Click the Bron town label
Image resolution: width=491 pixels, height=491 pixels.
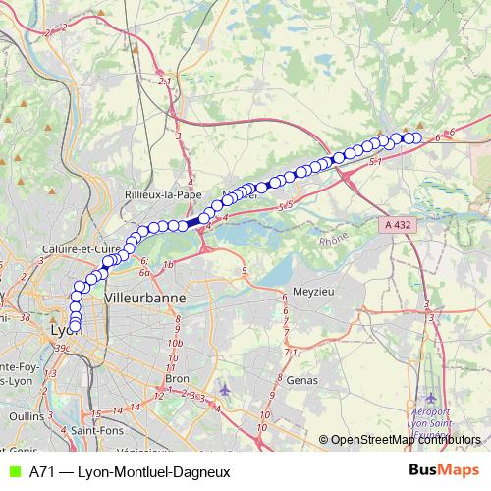(177, 377)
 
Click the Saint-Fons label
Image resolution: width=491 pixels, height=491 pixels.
(95, 429)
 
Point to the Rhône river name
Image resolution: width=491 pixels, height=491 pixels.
(334, 239)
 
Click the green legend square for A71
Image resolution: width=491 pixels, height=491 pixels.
(14, 471)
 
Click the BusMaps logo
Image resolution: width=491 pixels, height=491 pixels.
(444, 470)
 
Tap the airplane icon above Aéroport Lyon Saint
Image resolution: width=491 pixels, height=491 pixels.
(431, 397)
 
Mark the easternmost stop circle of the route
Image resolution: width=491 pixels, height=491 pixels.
(415, 138)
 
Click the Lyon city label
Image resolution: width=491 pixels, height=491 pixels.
(65, 331)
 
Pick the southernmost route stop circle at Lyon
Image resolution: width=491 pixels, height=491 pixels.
(75, 327)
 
